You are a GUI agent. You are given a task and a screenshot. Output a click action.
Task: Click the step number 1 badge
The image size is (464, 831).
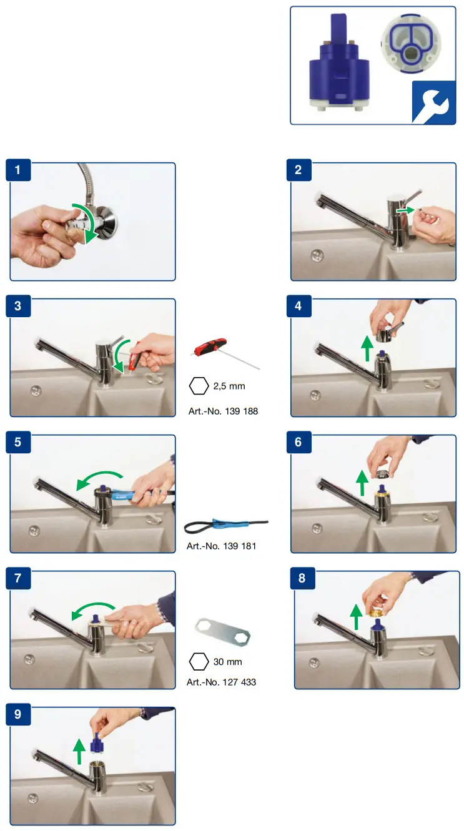tap(18, 170)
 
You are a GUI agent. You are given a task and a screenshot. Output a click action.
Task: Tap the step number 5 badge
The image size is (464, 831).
tap(18, 442)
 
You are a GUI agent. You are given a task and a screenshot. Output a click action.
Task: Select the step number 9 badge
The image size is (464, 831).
tap(18, 714)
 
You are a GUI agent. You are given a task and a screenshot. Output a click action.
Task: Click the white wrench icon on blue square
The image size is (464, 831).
tap(433, 102)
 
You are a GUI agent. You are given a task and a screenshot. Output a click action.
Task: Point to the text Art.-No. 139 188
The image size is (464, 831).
tap(223, 411)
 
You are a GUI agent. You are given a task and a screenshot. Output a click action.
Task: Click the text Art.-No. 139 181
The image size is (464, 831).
tap(221, 546)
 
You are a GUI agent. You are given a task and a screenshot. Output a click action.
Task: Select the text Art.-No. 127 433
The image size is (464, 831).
tap(221, 682)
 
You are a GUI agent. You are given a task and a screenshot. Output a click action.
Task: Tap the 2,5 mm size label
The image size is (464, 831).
tap(229, 386)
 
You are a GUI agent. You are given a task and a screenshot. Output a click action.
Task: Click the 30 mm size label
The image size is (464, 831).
tap(227, 661)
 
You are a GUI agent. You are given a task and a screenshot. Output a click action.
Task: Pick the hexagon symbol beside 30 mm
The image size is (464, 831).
tap(199, 661)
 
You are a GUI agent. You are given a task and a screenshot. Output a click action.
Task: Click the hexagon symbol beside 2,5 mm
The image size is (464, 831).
tap(199, 386)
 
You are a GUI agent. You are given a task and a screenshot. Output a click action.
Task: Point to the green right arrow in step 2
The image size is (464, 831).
tap(405, 210)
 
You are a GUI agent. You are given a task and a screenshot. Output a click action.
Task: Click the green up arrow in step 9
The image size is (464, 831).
tap(79, 751)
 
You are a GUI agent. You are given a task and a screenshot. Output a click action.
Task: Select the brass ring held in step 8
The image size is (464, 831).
tap(375, 610)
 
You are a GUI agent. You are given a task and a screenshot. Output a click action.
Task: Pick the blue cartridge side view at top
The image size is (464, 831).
tap(340, 62)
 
